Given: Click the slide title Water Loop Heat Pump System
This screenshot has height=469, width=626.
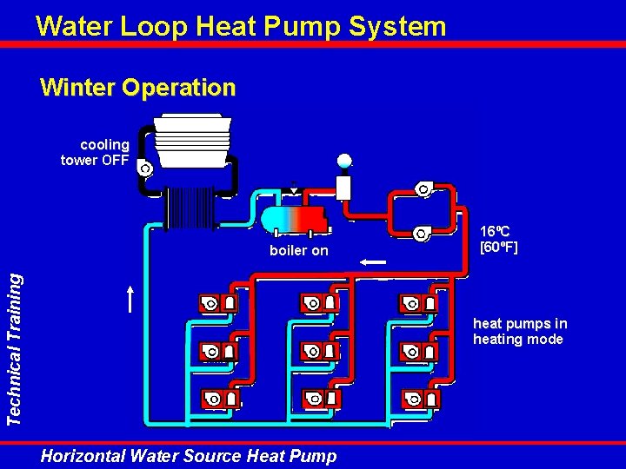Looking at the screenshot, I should [x=241, y=26].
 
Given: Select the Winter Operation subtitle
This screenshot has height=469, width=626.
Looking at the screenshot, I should [x=137, y=88].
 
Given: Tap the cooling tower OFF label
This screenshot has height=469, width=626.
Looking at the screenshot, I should [x=96, y=152].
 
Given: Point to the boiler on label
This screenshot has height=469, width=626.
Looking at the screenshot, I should [x=299, y=250].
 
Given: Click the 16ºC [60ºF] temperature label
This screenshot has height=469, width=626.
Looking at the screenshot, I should [x=499, y=239].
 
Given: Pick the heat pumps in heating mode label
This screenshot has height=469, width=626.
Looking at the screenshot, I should [x=519, y=332].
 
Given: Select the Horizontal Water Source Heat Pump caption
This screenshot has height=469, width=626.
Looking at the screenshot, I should [x=189, y=455].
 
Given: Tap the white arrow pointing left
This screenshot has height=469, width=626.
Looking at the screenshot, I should [x=375, y=261].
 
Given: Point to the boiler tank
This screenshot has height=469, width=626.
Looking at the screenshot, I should [x=293, y=218].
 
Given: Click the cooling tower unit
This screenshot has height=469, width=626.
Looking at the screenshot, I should [x=192, y=143].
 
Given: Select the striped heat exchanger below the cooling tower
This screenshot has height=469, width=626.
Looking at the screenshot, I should [x=190, y=208].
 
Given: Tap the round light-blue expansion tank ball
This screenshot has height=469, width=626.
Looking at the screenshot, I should [x=344, y=160].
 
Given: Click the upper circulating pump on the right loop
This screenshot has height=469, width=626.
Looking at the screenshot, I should [x=423, y=188].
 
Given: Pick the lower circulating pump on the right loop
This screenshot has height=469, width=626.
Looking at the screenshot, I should [x=423, y=232].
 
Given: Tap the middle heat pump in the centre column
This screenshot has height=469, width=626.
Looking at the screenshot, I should [x=320, y=351].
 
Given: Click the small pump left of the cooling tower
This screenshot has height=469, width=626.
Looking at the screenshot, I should [x=145, y=168].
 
